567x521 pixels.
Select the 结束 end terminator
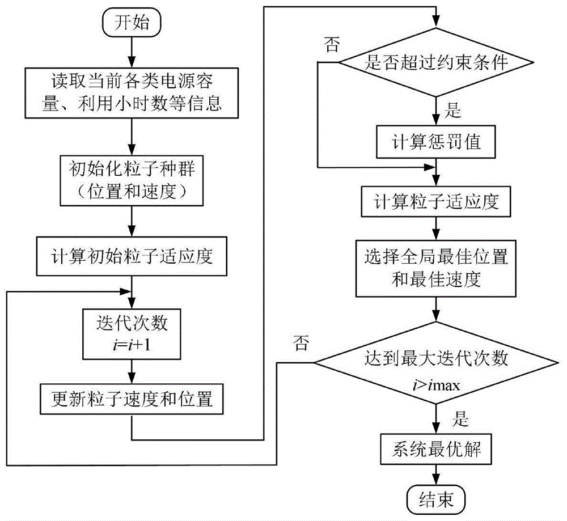point(435,499)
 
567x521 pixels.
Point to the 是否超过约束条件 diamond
point(435,62)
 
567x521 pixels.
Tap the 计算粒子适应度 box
point(435,202)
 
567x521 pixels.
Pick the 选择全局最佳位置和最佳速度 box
point(435,268)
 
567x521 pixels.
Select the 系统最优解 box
point(435,451)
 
